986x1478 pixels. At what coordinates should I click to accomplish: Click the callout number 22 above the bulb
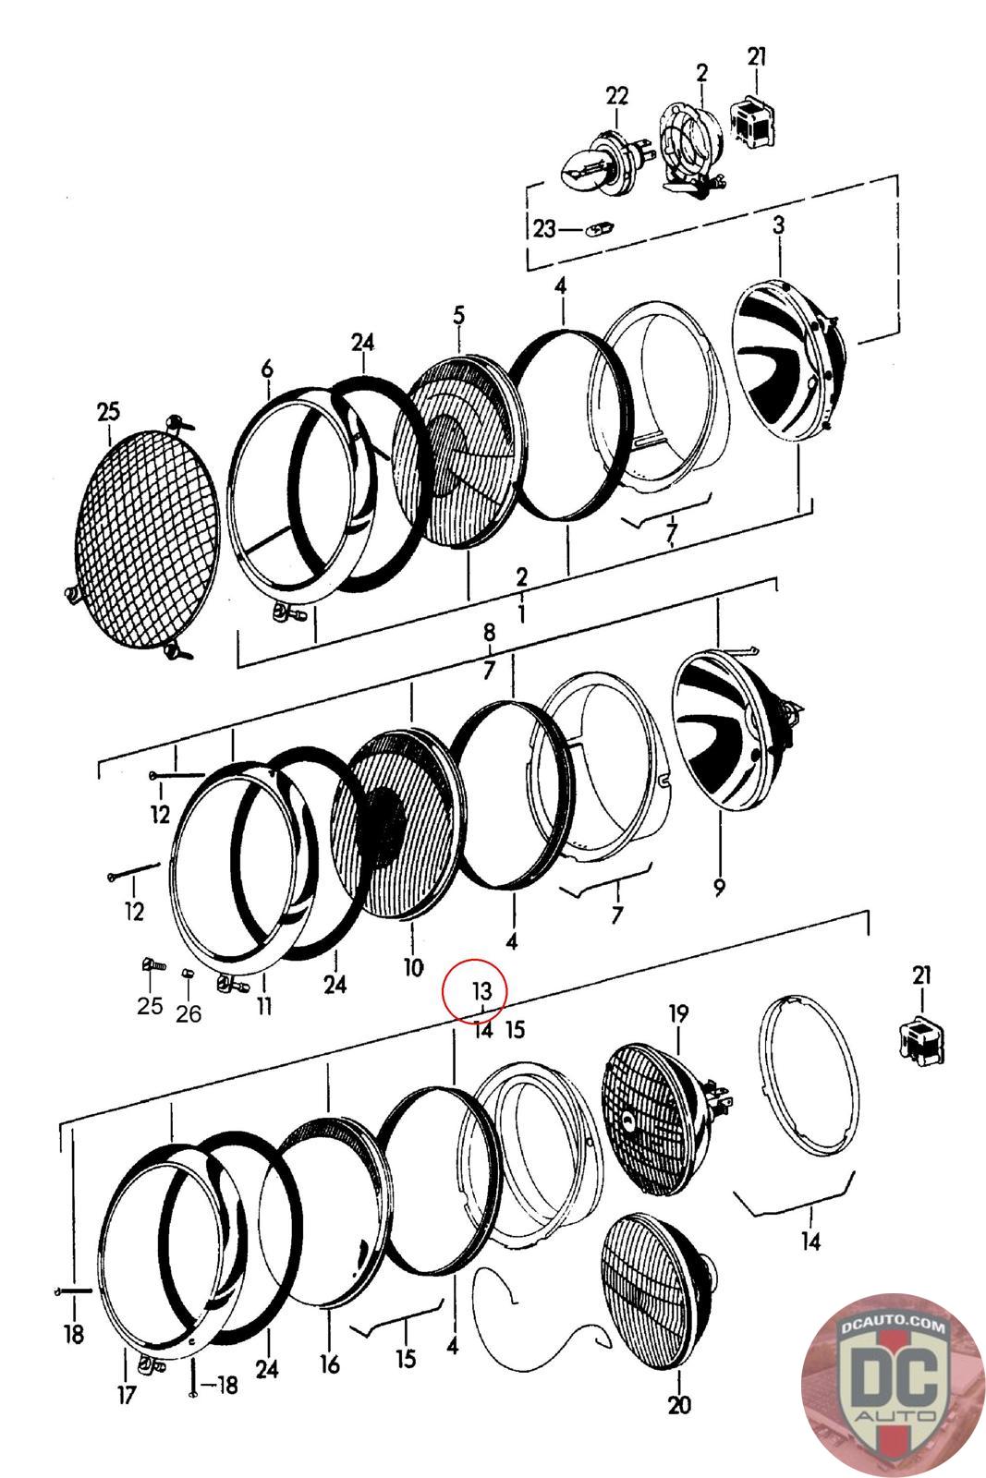[616, 95]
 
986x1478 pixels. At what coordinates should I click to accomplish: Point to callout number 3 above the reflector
[778, 224]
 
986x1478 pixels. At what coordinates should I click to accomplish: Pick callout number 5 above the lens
[459, 316]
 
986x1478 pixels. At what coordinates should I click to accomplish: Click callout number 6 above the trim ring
[267, 369]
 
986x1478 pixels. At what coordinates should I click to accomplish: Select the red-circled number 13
[482, 991]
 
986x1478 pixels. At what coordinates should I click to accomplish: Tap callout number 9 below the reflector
[720, 887]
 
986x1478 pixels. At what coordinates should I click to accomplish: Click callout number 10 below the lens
[412, 967]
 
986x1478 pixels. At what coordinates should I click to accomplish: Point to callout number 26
[189, 1013]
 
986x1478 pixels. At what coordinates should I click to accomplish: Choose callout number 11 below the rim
[265, 1004]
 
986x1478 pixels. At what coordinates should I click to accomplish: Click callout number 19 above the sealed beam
[678, 1013]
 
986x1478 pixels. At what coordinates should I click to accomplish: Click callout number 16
[330, 1363]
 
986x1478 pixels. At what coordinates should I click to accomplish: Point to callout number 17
[127, 1393]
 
